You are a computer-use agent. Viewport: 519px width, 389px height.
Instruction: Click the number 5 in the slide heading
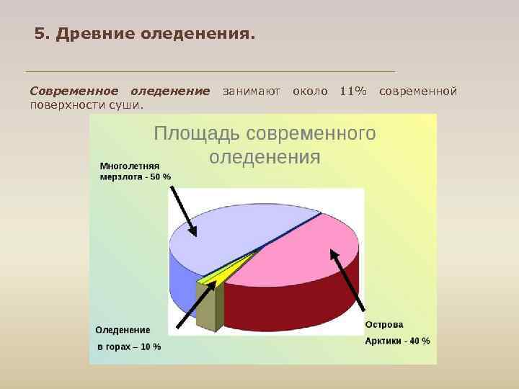pyautogui.click(x=39, y=34)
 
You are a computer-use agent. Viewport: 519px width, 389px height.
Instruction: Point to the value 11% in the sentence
pyautogui.click(x=352, y=91)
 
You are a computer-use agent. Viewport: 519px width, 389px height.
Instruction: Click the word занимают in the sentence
pyautogui.click(x=252, y=91)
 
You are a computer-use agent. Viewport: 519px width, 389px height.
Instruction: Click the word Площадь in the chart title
pyautogui.click(x=197, y=134)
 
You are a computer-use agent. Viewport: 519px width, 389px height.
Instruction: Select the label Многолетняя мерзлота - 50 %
pyautogui.click(x=135, y=171)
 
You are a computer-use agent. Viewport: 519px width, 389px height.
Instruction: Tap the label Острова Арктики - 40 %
pyautogui.click(x=397, y=333)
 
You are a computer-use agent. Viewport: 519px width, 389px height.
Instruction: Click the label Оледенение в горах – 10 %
pyautogui.click(x=127, y=338)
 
